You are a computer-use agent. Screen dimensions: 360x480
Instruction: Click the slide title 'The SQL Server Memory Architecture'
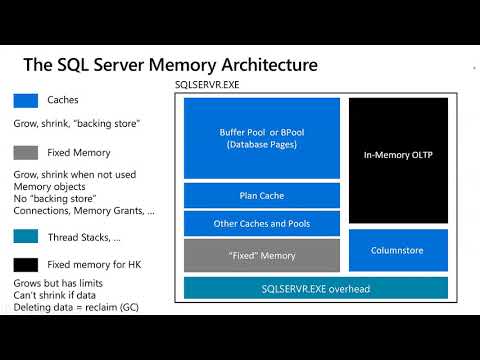(170, 66)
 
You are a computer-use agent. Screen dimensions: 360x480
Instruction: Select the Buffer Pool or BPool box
(261, 137)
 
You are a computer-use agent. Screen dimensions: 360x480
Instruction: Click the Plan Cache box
(261, 195)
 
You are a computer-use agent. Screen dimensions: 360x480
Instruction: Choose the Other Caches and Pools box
(261, 224)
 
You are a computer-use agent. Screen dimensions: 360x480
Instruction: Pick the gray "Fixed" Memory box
(261, 255)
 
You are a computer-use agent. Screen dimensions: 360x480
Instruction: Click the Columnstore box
(398, 250)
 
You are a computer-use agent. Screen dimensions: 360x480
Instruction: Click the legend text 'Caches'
(64, 101)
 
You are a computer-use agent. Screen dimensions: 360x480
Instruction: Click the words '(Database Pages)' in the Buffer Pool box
(261, 145)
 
